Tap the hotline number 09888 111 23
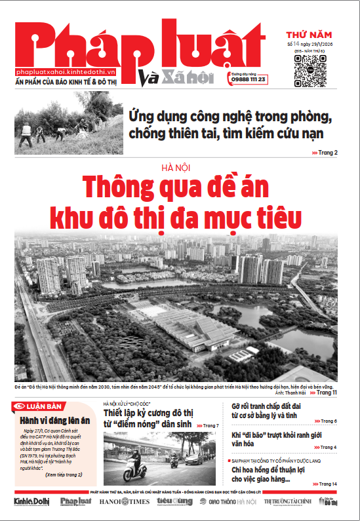coord(249,79)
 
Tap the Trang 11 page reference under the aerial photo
coord(326,393)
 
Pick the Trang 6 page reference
coord(327,421)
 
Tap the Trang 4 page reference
coord(327,447)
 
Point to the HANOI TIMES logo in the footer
coord(125,502)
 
